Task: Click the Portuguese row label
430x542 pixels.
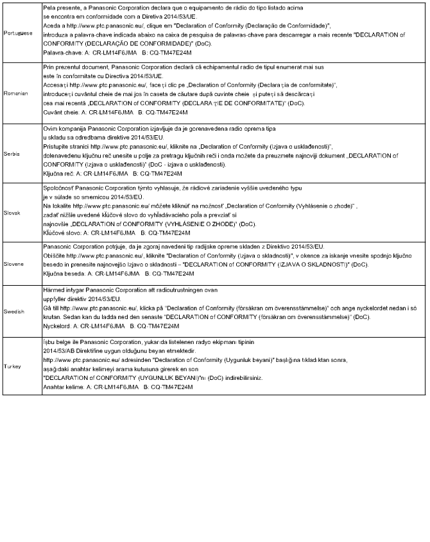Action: (18, 31)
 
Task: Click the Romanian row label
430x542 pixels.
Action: (15, 93)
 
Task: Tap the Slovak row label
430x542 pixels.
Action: (13, 212)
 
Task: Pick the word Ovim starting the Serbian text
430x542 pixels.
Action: (49, 128)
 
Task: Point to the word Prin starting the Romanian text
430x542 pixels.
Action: (48, 66)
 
